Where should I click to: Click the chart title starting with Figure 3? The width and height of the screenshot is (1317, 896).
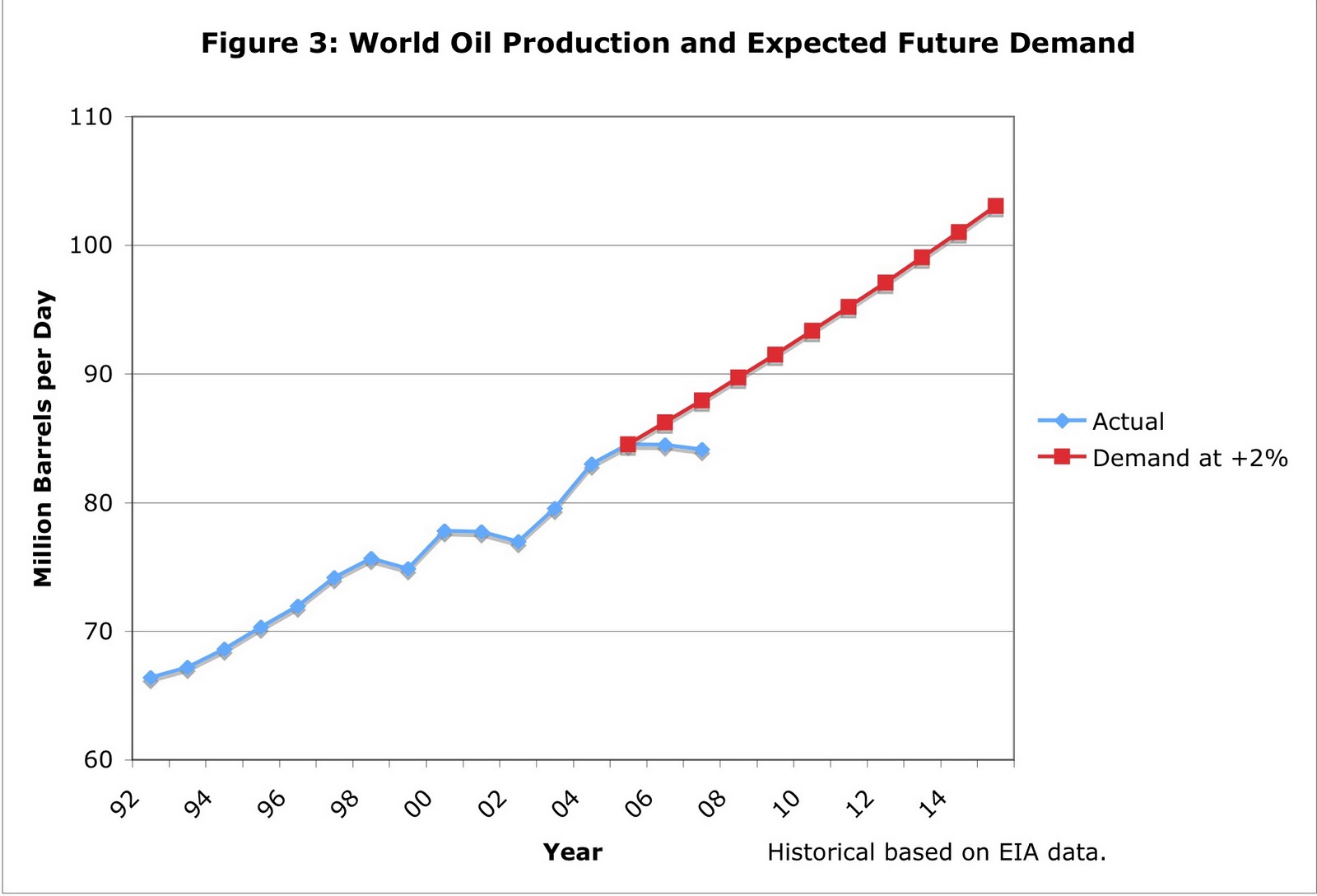point(668,43)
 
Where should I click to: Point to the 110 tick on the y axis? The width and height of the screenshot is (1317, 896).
point(91,117)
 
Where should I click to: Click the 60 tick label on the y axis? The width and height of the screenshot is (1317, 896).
point(98,759)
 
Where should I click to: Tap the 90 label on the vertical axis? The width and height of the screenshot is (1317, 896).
point(98,374)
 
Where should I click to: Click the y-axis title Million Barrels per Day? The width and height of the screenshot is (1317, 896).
point(43,438)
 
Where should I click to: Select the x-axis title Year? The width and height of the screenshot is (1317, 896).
point(572,852)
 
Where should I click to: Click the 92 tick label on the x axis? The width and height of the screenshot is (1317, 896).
point(126,802)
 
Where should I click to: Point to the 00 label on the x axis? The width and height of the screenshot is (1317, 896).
point(419,802)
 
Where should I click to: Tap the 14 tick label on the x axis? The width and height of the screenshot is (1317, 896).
point(933,802)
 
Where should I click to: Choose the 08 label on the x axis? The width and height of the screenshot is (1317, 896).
point(713,802)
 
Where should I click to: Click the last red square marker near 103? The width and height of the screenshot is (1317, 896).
point(995,206)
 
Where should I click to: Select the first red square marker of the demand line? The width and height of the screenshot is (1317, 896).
point(628,445)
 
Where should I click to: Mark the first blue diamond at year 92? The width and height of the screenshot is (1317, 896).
point(151,679)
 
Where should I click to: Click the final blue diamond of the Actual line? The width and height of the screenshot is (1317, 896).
point(701,450)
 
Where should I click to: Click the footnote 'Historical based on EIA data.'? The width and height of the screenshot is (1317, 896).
point(936,852)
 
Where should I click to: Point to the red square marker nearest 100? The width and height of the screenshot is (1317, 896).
point(922,258)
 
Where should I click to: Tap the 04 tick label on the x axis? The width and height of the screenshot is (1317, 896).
point(566,802)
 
